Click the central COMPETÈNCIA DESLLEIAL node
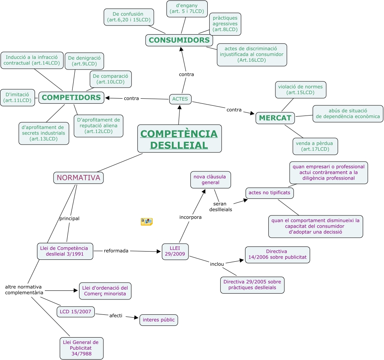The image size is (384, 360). click(x=179, y=139)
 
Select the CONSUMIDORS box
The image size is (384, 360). click(x=179, y=40)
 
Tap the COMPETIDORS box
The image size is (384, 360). click(x=71, y=97)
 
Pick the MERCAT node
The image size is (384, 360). click(x=275, y=118)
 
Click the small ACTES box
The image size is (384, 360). click(x=180, y=99)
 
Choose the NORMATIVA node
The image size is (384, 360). click(x=78, y=178)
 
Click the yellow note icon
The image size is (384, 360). click(x=146, y=222)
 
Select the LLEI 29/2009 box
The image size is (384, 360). click(x=175, y=252)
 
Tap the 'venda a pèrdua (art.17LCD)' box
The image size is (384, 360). click(x=315, y=146)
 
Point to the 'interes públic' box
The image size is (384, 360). click(x=159, y=320)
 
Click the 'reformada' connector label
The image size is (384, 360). click(x=116, y=251)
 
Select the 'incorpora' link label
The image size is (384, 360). click(x=190, y=217)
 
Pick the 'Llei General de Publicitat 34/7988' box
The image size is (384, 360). click(x=81, y=348)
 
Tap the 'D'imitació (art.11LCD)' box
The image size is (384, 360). click(x=17, y=97)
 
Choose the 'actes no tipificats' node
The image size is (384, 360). click(x=270, y=193)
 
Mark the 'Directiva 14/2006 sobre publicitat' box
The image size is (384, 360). click(x=277, y=255)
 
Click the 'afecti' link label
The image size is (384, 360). click(x=116, y=315)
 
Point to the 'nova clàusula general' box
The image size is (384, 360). click(x=210, y=180)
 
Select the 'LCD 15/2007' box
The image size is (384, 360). click(x=76, y=312)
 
